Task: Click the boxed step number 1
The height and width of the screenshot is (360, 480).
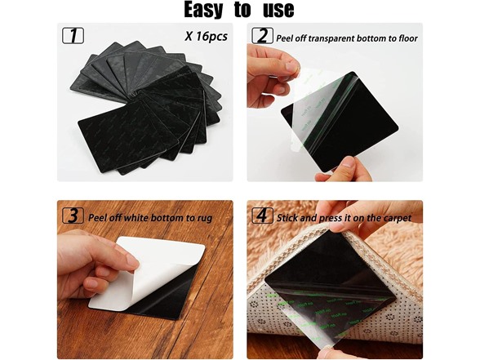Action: click(x=73, y=36)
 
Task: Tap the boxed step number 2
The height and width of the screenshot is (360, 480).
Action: click(x=262, y=36)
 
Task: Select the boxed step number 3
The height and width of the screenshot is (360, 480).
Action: click(x=73, y=216)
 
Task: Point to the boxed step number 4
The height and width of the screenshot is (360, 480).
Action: click(x=262, y=216)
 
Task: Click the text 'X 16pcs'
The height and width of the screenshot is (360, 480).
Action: click(x=206, y=36)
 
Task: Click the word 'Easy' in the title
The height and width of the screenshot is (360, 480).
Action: click(x=203, y=10)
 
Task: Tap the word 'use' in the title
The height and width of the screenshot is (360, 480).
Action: click(x=278, y=10)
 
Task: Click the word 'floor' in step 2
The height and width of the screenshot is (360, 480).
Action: click(x=408, y=38)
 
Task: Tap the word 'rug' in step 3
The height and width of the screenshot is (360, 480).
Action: click(x=205, y=219)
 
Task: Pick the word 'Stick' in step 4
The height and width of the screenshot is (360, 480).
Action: click(x=287, y=218)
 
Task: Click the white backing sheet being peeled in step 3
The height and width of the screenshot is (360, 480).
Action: click(x=147, y=273)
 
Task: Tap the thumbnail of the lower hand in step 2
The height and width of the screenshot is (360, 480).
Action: click(x=348, y=162)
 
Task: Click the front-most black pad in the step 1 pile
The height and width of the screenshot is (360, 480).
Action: click(x=129, y=138)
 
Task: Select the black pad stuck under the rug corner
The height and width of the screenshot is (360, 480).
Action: click(x=329, y=276)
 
